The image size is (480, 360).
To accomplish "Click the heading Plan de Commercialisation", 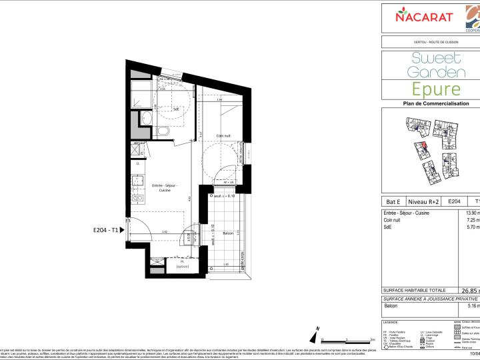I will click(436, 104).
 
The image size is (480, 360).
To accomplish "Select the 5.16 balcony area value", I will click(472, 306).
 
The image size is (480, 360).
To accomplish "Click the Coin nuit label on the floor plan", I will click(224, 136).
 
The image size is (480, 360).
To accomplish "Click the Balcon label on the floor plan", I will click(227, 233).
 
